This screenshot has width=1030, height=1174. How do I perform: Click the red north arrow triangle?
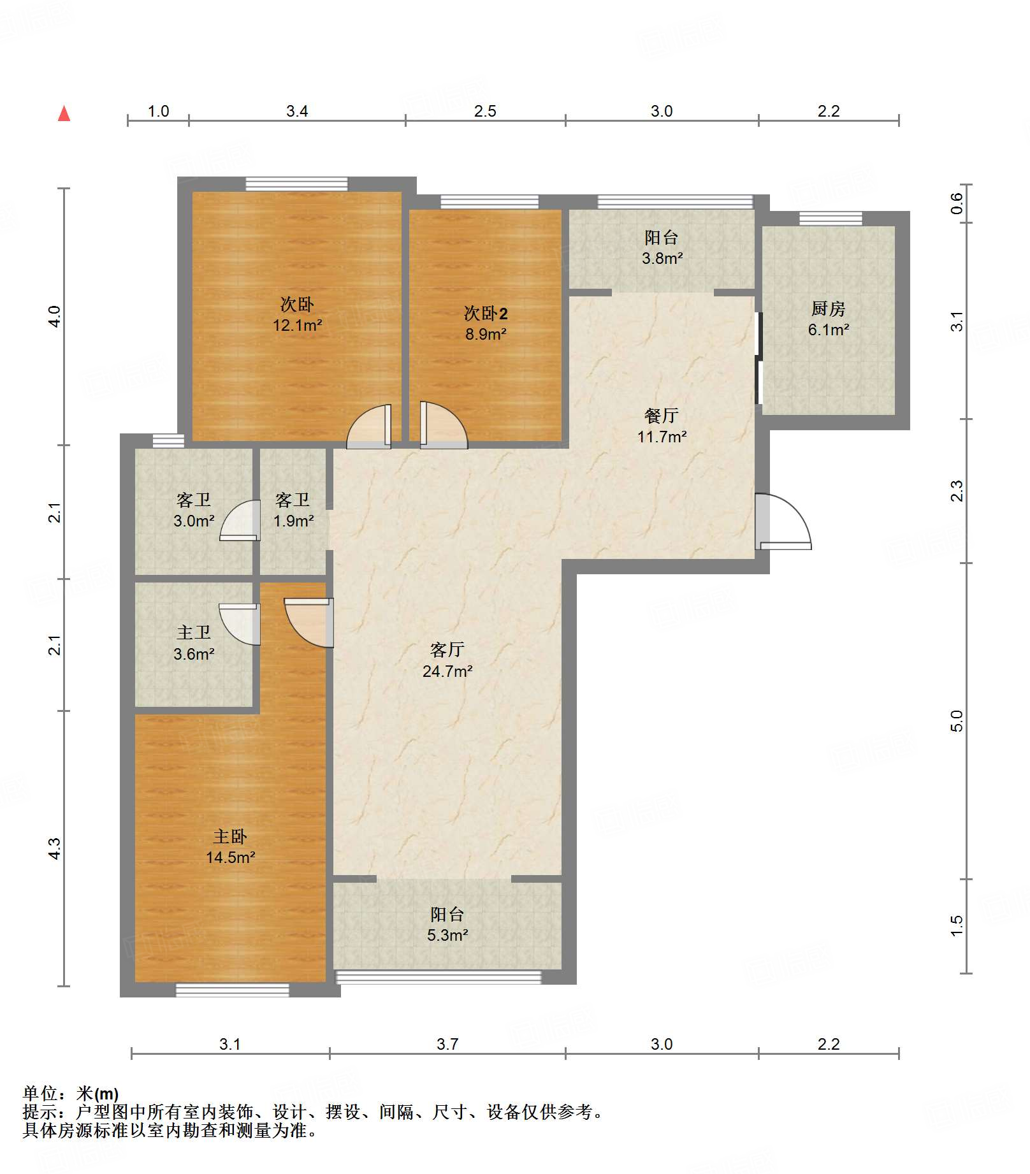point(64,113)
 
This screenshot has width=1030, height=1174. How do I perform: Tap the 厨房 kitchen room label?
point(828,309)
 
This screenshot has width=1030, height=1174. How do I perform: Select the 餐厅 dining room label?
point(661,416)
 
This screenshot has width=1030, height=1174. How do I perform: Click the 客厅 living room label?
point(447,650)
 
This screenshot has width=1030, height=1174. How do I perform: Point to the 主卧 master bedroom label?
point(229,836)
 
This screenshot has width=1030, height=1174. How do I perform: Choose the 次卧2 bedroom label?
point(486,314)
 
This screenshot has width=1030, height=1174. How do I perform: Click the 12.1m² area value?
point(298,325)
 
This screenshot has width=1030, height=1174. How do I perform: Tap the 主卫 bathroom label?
point(193,632)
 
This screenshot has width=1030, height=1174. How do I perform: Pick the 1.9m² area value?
point(293,521)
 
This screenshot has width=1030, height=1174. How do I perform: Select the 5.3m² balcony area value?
point(447,935)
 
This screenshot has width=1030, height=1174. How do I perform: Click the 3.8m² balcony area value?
point(662,258)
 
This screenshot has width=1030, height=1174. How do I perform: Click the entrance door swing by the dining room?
point(783,521)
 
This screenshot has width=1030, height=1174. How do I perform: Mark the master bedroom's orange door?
point(309,623)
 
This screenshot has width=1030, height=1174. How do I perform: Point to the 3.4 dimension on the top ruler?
point(297,111)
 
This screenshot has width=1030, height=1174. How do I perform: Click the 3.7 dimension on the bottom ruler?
point(447,1044)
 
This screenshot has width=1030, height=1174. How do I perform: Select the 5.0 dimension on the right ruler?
point(956,721)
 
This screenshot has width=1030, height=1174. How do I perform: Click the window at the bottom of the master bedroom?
point(233,990)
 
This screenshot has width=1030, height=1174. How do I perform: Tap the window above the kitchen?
point(831,218)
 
